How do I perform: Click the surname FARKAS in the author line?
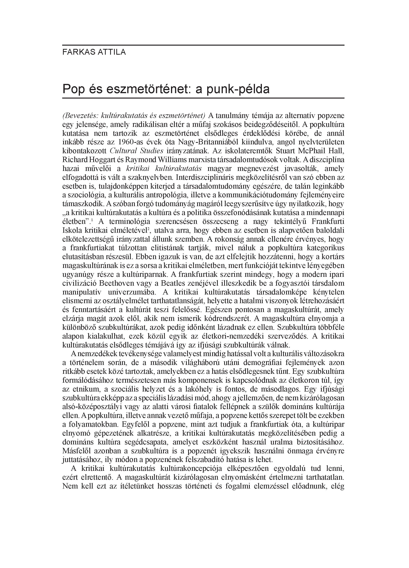pyautogui.click(x=77, y=52)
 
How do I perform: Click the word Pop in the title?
pyautogui.click(x=73, y=89)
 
